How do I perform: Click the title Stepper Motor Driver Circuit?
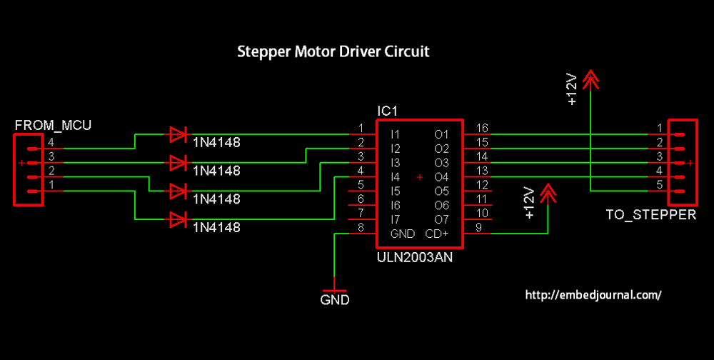coord(333,52)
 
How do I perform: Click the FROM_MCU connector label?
coord(53,126)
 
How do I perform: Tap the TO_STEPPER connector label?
coord(650,214)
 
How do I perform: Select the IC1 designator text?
coord(387,111)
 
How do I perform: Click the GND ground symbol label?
coord(335,300)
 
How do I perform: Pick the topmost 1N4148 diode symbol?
coord(178,134)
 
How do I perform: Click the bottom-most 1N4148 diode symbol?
coord(178,220)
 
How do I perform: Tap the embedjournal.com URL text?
coord(593,294)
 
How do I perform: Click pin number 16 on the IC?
coord(483,129)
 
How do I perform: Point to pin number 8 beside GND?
coord(361,229)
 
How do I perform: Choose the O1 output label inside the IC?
coord(441,134)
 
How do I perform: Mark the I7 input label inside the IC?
coord(396,220)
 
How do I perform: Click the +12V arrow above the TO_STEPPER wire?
coord(591,80)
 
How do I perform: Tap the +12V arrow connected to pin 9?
coord(548,193)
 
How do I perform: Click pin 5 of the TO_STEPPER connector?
coord(659,186)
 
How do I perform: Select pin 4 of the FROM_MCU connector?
coord(51,142)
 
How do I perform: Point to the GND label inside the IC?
coord(402,234)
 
